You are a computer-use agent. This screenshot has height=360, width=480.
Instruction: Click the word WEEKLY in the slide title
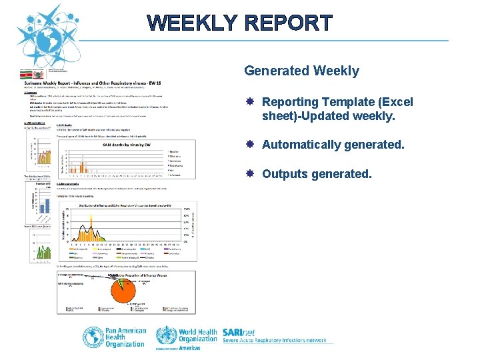click(192, 23)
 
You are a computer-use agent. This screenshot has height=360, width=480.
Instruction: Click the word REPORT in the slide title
click(288, 23)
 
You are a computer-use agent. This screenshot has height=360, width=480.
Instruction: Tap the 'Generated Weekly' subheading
click(301, 71)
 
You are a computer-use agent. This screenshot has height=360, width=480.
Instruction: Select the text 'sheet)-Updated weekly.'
click(329, 117)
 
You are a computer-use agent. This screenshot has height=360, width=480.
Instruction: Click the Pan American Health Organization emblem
click(93, 337)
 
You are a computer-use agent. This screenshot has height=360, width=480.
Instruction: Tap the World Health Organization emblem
click(167, 336)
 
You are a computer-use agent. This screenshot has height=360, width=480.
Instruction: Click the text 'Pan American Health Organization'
click(126, 337)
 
